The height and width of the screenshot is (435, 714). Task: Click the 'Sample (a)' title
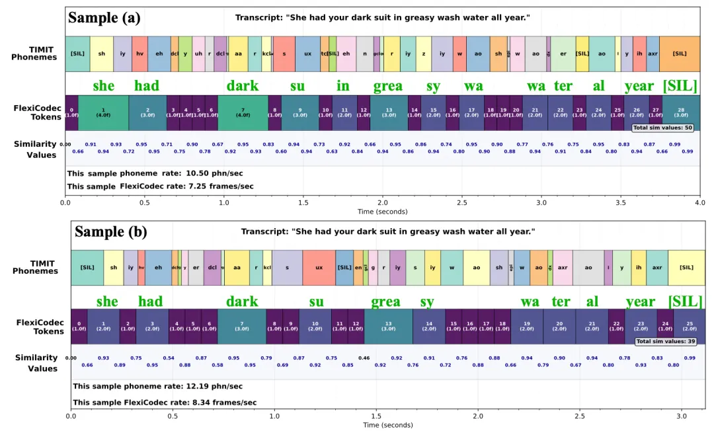104,18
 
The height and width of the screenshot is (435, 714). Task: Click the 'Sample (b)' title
111,232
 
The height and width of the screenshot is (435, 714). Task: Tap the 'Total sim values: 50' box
662,128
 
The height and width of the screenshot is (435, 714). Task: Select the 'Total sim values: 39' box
664,342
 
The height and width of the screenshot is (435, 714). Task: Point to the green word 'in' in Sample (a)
343,86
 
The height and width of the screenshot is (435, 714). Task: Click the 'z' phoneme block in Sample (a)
424,54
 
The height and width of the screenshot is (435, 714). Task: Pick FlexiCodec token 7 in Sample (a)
243,112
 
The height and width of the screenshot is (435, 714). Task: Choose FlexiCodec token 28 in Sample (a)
681,112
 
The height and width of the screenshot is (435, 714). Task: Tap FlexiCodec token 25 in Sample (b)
690,327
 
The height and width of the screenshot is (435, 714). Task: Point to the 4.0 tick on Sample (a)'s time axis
699,202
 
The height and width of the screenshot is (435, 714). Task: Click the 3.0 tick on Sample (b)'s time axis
682,416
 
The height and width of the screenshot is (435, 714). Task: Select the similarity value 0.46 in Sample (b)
364,358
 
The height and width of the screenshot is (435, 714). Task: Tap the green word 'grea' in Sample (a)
388,86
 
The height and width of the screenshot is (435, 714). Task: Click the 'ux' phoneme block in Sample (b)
319,268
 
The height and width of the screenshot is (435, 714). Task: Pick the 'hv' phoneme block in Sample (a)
139,54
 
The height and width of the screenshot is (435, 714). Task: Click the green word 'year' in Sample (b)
641,302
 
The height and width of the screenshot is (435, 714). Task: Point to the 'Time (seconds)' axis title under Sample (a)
382,212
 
